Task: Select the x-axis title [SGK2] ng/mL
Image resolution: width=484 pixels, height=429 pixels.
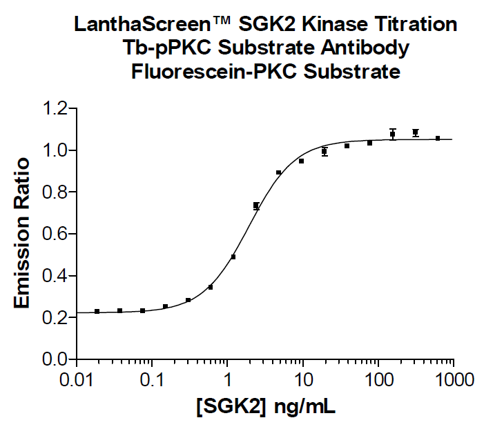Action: pyautogui.click(x=265, y=407)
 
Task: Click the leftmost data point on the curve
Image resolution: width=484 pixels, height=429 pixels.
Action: pyautogui.click(x=97, y=312)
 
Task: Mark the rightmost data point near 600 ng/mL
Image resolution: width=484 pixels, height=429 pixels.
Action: pyautogui.click(x=438, y=139)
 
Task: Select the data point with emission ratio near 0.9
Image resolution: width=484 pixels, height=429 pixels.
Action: pyautogui.click(x=279, y=172)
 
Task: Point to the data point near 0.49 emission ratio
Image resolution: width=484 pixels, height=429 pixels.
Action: pyautogui.click(x=233, y=257)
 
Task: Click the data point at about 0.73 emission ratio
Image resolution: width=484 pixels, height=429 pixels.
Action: pyautogui.click(x=256, y=206)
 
